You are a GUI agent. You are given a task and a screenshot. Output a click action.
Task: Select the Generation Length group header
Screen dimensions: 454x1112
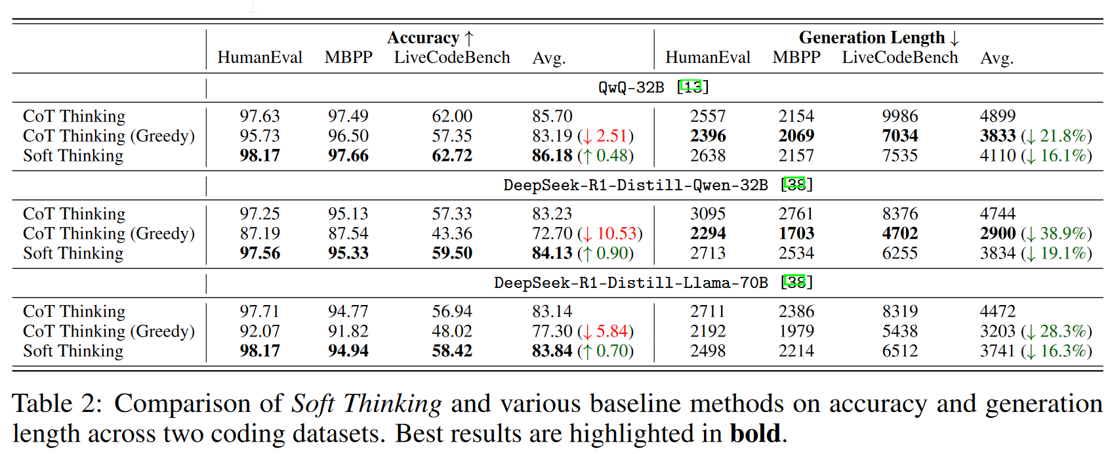tap(878, 38)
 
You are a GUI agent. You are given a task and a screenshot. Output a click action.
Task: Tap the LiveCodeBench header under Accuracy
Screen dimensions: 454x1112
tap(452, 58)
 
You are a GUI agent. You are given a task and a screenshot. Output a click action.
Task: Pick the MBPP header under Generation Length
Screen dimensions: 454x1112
tap(796, 58)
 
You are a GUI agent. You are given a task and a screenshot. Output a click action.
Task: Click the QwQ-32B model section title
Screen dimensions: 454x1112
tap(631, 87)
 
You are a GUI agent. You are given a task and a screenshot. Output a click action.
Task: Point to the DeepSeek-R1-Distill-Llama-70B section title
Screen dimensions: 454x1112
tap(630, 283)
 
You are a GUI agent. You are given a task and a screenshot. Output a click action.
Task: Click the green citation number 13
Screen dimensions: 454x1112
tap(691, 87)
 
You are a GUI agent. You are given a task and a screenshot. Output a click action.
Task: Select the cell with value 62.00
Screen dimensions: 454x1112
tap(452, 116)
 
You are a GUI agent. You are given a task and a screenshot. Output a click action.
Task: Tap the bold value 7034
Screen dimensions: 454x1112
tap(899, 136)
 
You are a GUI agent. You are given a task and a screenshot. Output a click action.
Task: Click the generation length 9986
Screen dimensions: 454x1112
tap(899, 116)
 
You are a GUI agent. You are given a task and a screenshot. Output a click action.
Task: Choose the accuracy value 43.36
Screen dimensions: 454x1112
tap(452, 234)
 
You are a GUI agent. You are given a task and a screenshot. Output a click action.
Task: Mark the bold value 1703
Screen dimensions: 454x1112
tap(796, 234)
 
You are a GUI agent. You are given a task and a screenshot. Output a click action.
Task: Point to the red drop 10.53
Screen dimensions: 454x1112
tap(617, 234)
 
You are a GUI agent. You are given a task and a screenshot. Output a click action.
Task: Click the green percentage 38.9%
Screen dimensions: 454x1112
tap(1063, 234)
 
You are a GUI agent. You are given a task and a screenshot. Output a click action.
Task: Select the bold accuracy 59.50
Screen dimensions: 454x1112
tap(452, 253)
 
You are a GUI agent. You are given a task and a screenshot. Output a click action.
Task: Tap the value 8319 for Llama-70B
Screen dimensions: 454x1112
tap(899, 312)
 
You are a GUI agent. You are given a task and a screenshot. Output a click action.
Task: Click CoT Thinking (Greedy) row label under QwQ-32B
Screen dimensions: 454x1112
tap(109, 136)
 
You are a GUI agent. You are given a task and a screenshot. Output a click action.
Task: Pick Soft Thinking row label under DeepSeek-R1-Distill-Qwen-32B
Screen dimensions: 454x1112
tap(73, 253)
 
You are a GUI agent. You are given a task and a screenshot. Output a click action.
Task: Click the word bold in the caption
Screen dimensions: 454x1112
tap(755, 434)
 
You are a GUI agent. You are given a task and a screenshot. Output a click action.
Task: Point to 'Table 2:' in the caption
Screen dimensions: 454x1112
tap(58, 404)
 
